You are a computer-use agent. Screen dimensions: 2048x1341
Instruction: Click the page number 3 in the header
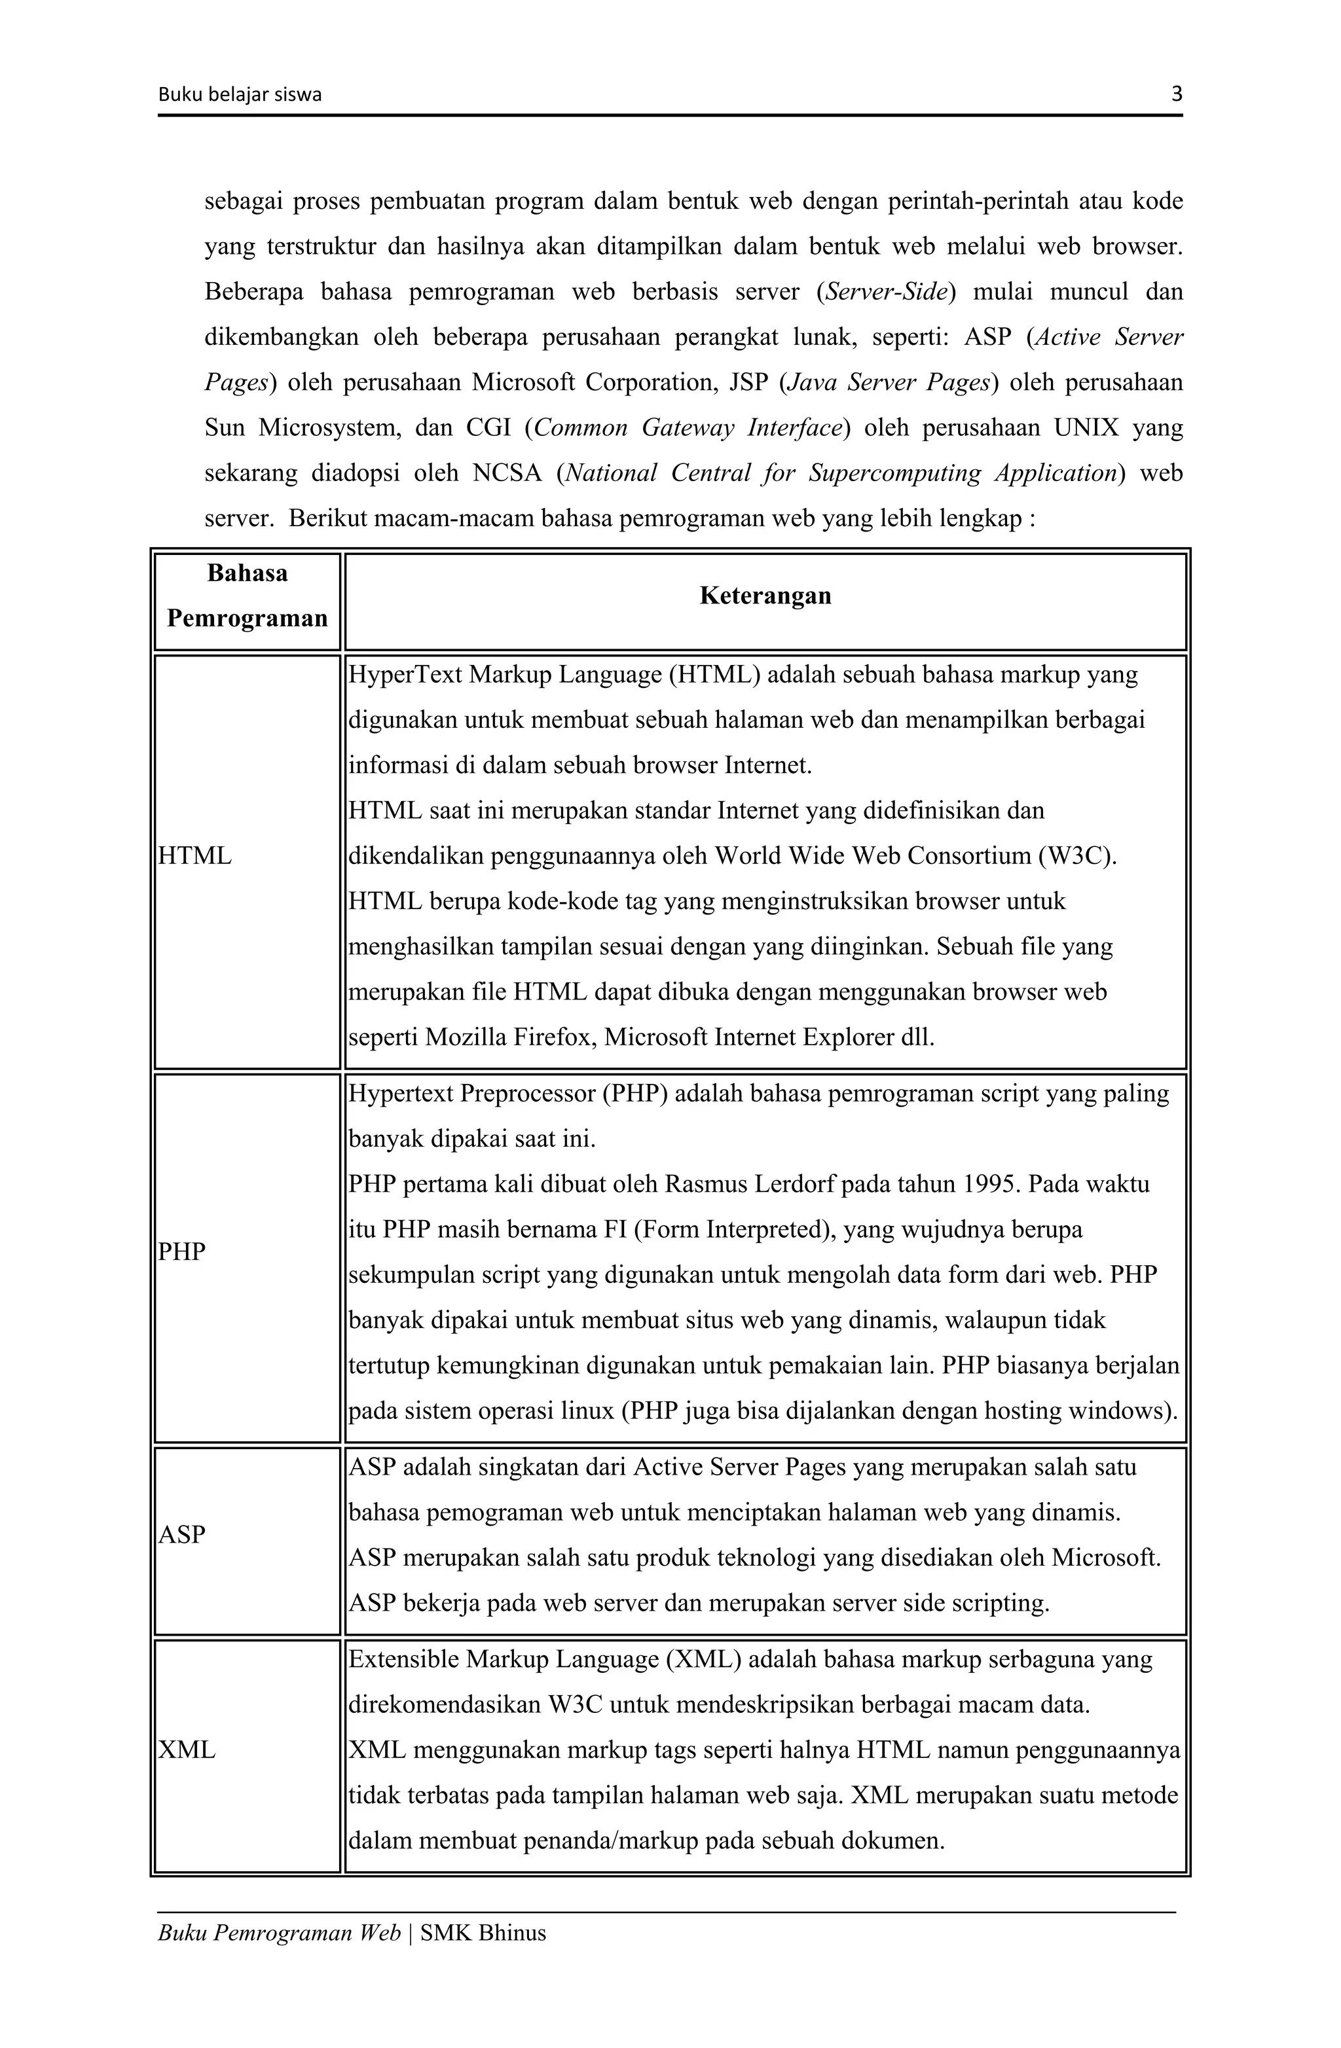tap(1177, 95)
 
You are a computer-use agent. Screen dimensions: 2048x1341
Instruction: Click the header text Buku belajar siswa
tap(239, 96)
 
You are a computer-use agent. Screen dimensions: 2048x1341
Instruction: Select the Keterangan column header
tap(765, 596)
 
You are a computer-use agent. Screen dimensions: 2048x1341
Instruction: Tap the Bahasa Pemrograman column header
tap(247, 596)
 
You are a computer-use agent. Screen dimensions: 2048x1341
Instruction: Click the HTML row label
tap(195, 856)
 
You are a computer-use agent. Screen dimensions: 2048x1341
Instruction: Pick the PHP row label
tap(183, 1252)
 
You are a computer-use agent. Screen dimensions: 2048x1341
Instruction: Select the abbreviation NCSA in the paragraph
tap(507, 473)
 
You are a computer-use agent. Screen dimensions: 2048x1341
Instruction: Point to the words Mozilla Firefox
tap(509, 1037)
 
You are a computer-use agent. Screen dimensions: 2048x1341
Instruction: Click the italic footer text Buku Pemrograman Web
tap(279, 1933)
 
